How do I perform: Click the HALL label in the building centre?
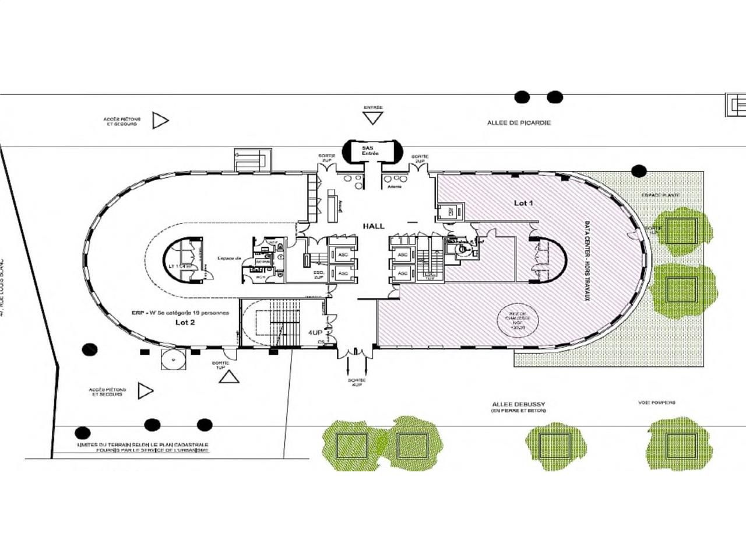click(x=373, y=226)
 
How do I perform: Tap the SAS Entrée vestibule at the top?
click(x=370, y=150)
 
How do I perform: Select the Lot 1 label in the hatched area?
click(x=523, y=203)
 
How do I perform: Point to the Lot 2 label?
click(x=185, y=323)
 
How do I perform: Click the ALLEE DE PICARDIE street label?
click(x=519, y=123)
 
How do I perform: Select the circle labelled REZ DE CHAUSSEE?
click(x=518, y=321)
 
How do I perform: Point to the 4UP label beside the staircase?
click(x=315, y=332)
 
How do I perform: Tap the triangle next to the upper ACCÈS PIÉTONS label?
click(x=160, y=121)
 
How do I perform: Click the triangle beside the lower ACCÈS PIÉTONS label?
click(x=145, y=391)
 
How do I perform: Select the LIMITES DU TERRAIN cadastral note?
click(x=143, y=447)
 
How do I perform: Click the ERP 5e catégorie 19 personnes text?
click(x=180, y=313)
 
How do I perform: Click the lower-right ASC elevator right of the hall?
click(x=402, y=272)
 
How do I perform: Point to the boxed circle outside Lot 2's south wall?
click(x=174, y=360)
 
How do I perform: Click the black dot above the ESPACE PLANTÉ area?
click(x=639, y=171)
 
